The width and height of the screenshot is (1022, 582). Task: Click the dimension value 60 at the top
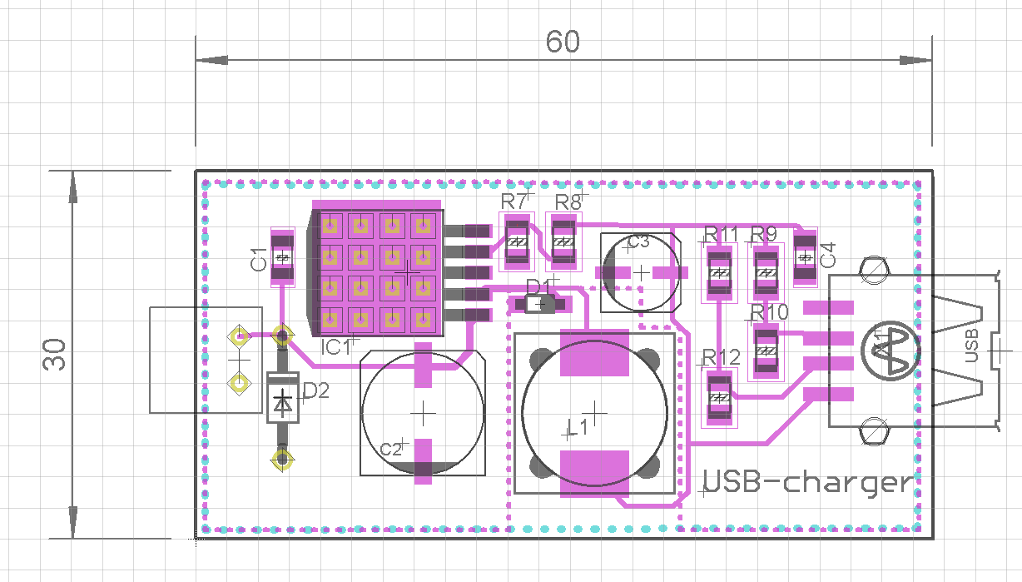(563, 42)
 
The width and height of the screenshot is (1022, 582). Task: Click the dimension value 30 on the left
(54, 355)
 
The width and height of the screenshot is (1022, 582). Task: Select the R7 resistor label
(513, 201)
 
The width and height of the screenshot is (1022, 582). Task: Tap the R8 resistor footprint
(564, 242)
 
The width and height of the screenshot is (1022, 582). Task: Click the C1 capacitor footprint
(282, 257)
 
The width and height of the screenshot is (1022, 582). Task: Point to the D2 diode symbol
(282, 398)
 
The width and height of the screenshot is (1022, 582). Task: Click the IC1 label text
(336, 347)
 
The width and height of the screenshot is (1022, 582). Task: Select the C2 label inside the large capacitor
(391, 449)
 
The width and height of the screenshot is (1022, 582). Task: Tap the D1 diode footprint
(540, 304)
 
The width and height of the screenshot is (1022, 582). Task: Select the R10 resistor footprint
(766, 351)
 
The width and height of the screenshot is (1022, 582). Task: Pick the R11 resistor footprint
(720, 273)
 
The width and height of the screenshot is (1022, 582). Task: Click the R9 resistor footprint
(766, 273)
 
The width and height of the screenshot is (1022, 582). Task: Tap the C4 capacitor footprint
(806, 257)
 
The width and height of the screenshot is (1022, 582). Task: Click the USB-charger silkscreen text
(807, 482)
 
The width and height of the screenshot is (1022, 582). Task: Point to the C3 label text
(638, 241)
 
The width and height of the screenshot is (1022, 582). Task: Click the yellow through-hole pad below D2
(282, 459)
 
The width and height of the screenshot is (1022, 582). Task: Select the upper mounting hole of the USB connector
(874, 269)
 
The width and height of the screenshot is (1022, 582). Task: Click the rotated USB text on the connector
(972, 346)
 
